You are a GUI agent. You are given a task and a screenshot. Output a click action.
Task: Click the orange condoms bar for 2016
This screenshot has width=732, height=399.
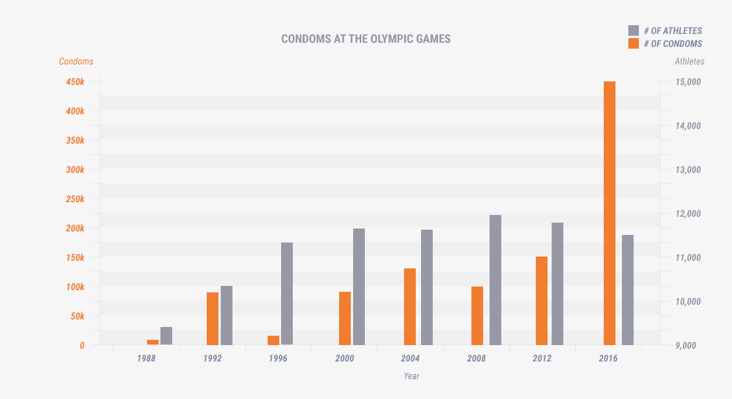pos(609,213)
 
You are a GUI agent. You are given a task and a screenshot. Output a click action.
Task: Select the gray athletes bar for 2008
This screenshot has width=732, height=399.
pos(495,280)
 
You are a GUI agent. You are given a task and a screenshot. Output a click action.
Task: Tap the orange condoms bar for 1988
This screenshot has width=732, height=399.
pos(153,342)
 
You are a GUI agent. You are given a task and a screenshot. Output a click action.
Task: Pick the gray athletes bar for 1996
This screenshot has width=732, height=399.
pos(287,294)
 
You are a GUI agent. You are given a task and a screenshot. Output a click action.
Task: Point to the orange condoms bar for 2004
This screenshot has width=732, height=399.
pos(410,306)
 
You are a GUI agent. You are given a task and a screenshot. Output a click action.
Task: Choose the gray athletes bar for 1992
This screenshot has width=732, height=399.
pos(227,315)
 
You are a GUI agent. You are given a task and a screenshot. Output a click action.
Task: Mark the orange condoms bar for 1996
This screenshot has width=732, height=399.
pos(273,340)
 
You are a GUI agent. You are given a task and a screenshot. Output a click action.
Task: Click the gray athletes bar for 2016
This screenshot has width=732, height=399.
pos(628,290)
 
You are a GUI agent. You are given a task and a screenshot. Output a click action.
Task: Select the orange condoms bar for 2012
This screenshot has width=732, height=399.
pos(542,301)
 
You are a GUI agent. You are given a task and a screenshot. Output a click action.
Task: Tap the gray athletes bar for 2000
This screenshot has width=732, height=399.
pos(359,287)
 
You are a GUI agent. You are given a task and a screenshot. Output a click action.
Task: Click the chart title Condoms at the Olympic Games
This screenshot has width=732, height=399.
pos(366,39)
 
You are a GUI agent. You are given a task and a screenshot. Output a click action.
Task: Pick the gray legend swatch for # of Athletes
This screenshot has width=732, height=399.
pos(633,30)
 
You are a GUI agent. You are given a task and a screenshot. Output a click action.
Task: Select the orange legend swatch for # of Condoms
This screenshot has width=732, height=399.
pos(633,43)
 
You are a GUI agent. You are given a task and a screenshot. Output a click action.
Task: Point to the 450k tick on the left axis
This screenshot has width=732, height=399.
pos(75,82)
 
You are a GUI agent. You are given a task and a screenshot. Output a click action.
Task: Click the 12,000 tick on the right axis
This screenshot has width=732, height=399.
pos(688,214)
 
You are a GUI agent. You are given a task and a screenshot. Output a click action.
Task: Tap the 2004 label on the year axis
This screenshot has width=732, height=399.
pos(411,358)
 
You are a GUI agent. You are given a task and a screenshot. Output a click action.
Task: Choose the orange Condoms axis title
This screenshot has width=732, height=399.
pos(76,62)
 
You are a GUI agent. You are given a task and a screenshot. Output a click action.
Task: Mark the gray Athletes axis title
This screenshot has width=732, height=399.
pos(689,62)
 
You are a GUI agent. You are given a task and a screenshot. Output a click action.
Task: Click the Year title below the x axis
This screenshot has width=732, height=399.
pos(412,376)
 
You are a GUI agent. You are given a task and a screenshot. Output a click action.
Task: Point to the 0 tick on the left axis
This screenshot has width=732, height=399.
pos(82,346)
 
